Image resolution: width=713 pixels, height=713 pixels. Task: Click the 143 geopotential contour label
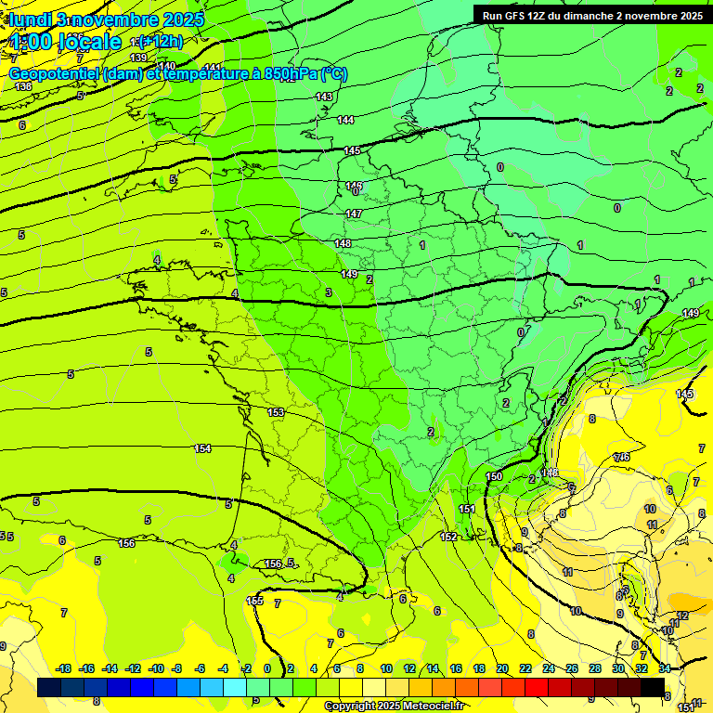[324, 97]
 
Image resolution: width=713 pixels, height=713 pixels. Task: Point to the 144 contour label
[345, 120]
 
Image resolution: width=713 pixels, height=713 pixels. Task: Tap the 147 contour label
[354, 214]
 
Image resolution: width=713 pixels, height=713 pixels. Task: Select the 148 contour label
[343, 243]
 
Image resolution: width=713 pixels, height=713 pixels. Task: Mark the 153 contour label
[276, 412]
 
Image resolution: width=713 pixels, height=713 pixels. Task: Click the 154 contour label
[202, 448]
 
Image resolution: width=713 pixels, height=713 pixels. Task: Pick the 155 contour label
[255, 601]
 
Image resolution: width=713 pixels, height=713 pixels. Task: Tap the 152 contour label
[448, 537]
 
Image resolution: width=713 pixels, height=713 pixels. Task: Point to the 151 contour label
[467, 509]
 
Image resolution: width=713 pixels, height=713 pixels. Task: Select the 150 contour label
[495, 476]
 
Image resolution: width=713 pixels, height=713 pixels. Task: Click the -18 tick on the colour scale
[63, 668]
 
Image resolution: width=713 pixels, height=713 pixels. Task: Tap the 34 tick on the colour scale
[665, 668]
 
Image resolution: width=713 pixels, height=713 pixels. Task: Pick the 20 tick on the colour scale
[502, 668]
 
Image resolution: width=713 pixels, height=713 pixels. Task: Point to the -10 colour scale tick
[156, 668]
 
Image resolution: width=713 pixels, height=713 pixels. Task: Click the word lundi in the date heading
[31, 19]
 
